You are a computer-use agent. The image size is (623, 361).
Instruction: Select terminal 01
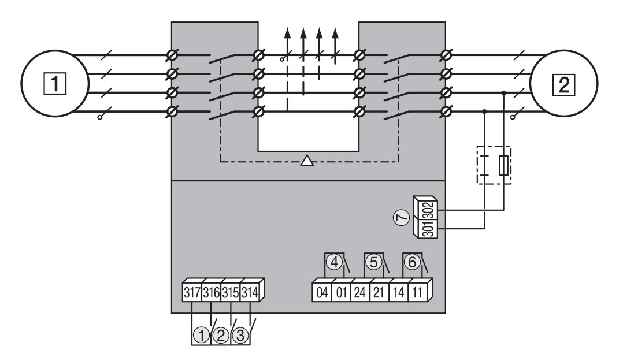pos(342,291)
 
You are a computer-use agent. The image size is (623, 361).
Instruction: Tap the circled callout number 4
pos(333,262)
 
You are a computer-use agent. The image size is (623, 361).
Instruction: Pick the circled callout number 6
pos(411,262)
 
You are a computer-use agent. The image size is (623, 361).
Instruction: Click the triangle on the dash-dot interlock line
pos(307,161)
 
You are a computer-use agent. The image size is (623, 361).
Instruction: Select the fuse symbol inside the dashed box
pos(503,165)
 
